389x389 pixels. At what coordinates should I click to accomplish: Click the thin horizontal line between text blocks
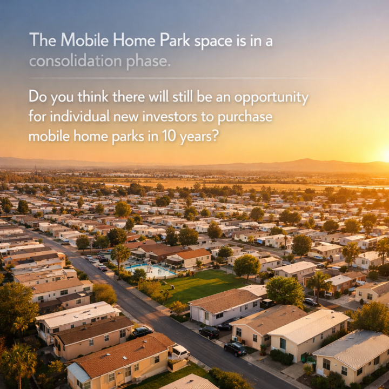tap(178, 78)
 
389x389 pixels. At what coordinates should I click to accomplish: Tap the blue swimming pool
tap(150, 270)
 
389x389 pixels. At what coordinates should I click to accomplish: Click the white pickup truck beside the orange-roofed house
tap(179, 352)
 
